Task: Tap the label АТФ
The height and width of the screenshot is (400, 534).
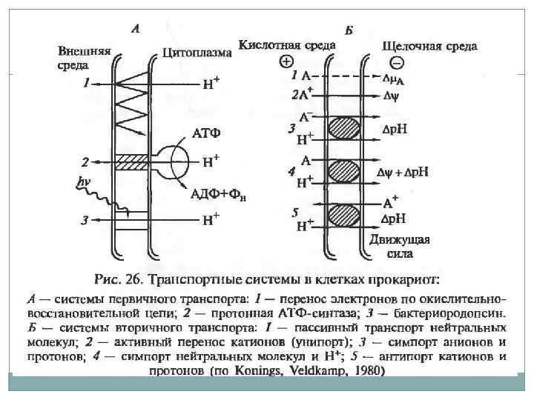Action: point(206,134)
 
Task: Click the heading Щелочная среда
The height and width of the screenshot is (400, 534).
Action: point(429,45)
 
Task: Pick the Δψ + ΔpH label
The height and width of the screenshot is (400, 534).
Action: point(408,173)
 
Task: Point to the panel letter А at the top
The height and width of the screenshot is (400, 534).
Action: point(136,30)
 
